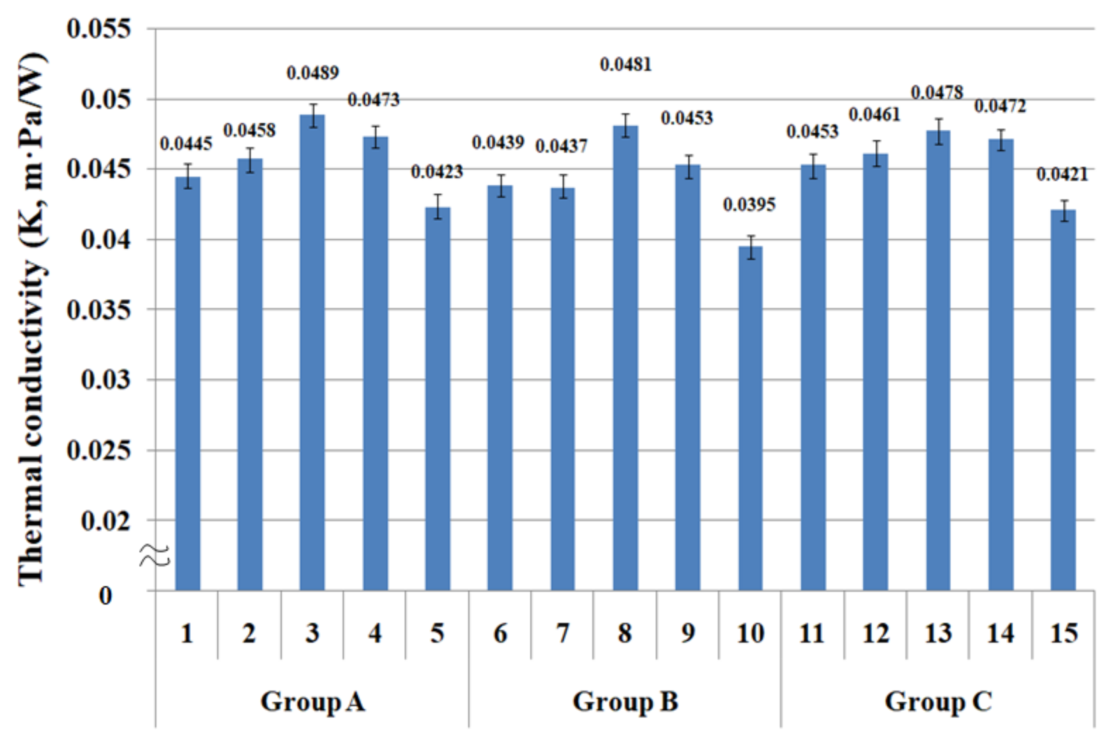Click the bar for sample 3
tap(312, 352)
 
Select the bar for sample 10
tap(750, 418)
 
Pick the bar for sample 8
tap(625, 358)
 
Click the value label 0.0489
tap(313, 73)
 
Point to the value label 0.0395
tap(749, 205)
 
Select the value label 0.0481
tap(626, 65)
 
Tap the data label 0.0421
tap(1062, 175)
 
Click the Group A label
tap(313, 701)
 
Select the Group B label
tap(625, 701)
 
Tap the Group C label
tap(938, 701)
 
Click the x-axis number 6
tap(500, 633)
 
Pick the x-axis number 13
tap(938, 633)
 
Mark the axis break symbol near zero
tap(154, 555)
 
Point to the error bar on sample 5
tap(438, 207)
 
